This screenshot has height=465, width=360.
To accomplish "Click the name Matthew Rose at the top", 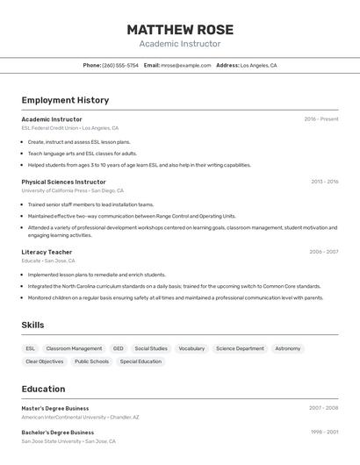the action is tap(179, 29).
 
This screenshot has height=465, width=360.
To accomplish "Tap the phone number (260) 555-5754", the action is tap(120, 65).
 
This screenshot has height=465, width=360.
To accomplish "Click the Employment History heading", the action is tap(65, 100).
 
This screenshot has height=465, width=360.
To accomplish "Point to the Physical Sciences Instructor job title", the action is tap(63, 182).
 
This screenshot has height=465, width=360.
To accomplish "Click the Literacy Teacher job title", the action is tap(47, 252).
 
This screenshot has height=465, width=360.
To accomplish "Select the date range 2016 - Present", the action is tap(320, 119).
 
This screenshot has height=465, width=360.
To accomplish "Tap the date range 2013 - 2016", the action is tap(324, 182).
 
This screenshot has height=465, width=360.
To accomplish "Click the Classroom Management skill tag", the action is tap(74, 348).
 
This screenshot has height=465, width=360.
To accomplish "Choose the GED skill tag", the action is tap(118, 348).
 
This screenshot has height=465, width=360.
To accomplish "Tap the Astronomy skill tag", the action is tap(287, 348).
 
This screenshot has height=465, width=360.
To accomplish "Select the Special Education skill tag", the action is tap(140, 361).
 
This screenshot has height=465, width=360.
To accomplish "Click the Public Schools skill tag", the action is tap(91, 361).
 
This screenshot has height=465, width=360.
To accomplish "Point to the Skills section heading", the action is tap(32, 325).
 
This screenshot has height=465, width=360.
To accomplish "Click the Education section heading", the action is tap(43, 389).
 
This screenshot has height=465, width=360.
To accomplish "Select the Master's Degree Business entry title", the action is tap(55, 408).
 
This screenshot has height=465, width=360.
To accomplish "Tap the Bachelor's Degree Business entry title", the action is tap(57, 433).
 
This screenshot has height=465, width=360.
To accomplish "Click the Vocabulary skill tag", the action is tap(191, 348).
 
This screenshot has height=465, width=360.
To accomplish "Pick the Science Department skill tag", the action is tap(240, 348).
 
